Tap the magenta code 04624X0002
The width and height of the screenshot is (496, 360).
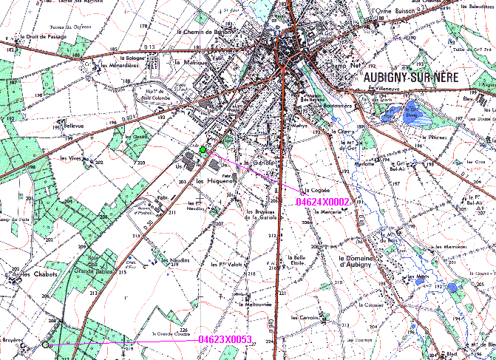(322, 201)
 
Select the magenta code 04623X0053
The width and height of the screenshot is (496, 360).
(225, 340)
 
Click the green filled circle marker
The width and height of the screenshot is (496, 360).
(203, 150)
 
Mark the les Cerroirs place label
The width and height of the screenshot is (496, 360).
(304, 317)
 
